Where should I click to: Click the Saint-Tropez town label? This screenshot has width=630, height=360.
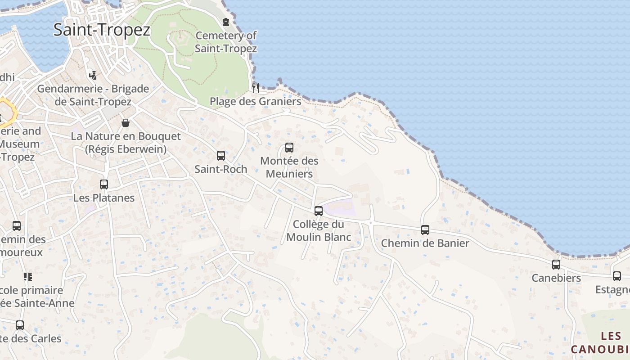102,30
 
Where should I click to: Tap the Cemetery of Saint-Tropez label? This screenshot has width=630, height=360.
226,42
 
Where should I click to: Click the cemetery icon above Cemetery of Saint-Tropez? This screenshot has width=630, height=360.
226,22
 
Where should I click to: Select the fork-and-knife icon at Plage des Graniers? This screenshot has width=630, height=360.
255,87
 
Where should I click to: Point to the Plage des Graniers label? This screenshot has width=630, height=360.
256,101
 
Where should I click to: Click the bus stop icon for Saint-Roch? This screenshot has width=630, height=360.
221,156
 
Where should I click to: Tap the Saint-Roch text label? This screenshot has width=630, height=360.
221,169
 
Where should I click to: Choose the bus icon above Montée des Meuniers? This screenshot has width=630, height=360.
289,148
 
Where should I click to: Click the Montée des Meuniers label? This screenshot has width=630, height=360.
289,167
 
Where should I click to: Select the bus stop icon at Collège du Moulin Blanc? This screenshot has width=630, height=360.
319,211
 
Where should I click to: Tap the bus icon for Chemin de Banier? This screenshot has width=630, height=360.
425,230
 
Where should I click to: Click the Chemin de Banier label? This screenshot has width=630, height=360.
425,243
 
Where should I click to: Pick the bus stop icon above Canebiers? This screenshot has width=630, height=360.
556,265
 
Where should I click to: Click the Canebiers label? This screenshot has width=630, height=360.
556,278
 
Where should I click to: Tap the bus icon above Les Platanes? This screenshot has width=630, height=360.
104,184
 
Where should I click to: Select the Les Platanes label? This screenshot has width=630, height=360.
104,198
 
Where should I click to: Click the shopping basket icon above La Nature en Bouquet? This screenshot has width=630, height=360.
126,123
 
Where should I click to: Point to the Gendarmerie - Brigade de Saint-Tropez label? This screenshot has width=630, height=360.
93,95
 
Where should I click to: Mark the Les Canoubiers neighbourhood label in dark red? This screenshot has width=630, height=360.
603,342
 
